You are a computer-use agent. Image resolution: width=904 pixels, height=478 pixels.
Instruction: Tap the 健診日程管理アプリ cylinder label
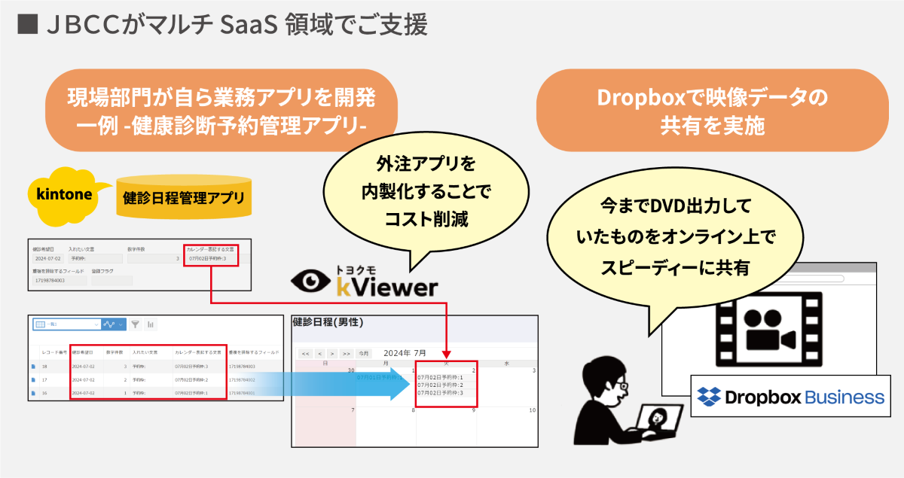(x=184, y=198)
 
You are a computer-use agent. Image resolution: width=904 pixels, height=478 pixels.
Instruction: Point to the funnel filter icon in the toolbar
(x=136, y=324)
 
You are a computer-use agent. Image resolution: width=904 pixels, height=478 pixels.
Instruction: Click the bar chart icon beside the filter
(x=151, y=324)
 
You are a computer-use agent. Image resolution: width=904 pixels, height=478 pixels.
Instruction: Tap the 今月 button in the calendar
(x=364, y=353)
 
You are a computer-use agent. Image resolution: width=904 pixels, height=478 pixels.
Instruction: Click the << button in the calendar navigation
(x=305, y=353)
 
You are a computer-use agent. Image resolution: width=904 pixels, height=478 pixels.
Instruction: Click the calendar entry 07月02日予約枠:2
(x=441, y=385)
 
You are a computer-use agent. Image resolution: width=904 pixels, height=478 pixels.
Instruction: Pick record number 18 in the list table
(x=45, y=367)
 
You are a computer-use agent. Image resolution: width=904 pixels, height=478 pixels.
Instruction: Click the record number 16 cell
(x=45, y=393)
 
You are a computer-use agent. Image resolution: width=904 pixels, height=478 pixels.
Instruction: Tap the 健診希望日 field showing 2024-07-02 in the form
(x=46, y=259)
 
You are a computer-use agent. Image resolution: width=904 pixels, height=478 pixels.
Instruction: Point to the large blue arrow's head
(x=400, y=385)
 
